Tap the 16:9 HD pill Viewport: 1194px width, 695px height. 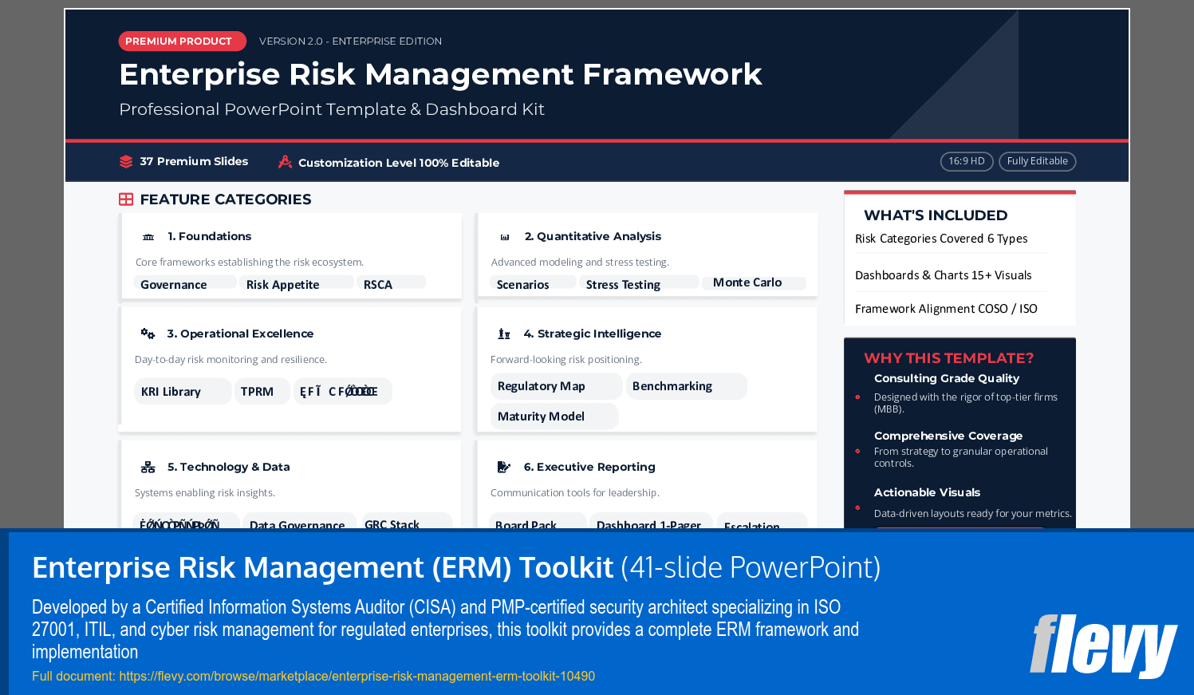point(967,161)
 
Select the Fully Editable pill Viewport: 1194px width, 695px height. point(1037,161)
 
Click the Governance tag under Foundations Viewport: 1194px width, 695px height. point(174,284)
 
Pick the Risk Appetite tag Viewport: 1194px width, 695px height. point(283,284)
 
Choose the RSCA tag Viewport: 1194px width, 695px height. point(378,284)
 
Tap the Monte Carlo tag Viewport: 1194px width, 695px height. point(747,282)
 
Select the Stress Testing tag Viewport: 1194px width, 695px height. point(623,284)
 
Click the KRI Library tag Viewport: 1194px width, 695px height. point(171,391)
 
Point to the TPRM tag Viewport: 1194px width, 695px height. point(257,391)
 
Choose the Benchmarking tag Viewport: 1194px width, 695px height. point(672,386)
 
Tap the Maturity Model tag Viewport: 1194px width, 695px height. point(542,416)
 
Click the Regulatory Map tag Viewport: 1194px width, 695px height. point(542,386)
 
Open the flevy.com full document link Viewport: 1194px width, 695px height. point(357,676)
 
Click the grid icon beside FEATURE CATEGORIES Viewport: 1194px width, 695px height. point(126,199)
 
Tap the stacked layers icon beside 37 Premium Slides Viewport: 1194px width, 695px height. point(126,161)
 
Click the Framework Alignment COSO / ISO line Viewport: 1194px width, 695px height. point(946,309)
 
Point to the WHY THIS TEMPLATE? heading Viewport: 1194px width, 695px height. point(948,358)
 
